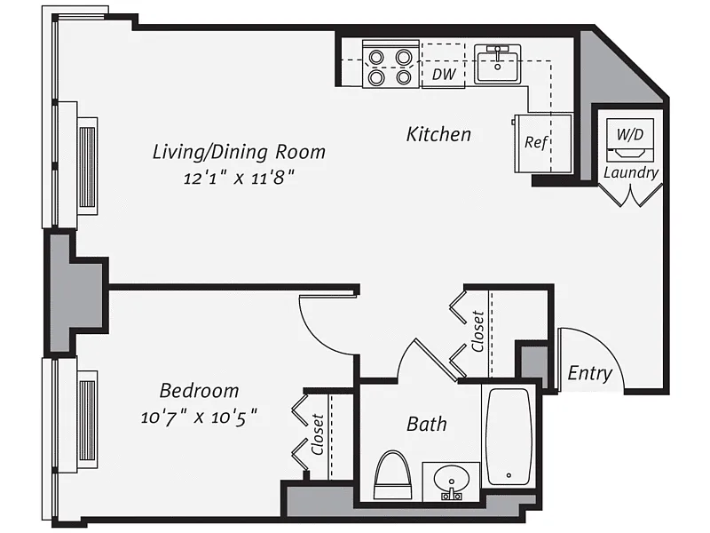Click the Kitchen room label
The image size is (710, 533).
(x=438, y=134)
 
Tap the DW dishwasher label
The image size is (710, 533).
(x=443, y=75)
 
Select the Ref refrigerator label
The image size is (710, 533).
(x=536, y=142)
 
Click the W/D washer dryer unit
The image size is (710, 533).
(x=630, y=139)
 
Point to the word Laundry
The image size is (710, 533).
(x=631, y=172)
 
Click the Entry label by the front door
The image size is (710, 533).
(x=589, y=373)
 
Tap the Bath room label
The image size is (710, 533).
(x=427, y=425)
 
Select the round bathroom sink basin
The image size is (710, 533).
(x=451, y=481)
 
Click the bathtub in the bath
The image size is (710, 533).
(x=509, y=436)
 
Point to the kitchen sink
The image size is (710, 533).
(x=497, y=64)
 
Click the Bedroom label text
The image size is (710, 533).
(x=199, y=391)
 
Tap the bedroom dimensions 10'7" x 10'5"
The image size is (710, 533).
(x=199, y=417)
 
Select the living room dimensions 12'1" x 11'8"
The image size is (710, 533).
(x=239, y=177)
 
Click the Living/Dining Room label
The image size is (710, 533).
(x=239, y=152)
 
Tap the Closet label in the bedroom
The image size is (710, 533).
(x=318, y=434)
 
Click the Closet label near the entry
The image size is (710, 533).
(x=477, y=331)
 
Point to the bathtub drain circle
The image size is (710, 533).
(x=509, y=475)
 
